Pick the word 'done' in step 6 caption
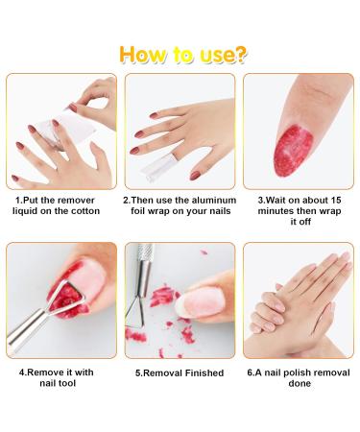(x=300, y=383)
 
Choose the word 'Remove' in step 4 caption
(x=45, y=372)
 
